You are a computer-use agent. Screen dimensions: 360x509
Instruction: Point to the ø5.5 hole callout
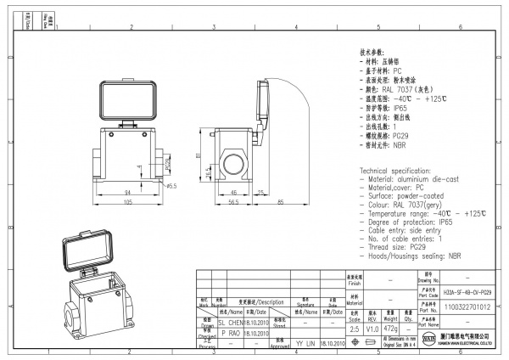[x=171, y=185]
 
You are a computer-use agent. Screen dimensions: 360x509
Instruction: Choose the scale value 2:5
[x=354, y=327]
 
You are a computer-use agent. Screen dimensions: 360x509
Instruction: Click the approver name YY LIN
[x=305, y=344]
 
